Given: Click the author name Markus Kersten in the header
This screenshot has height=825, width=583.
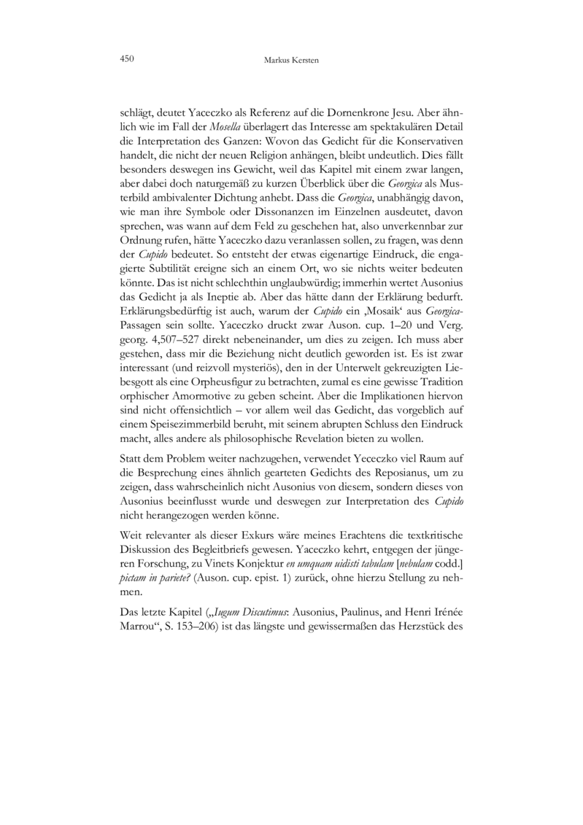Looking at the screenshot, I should coord(291,58).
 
